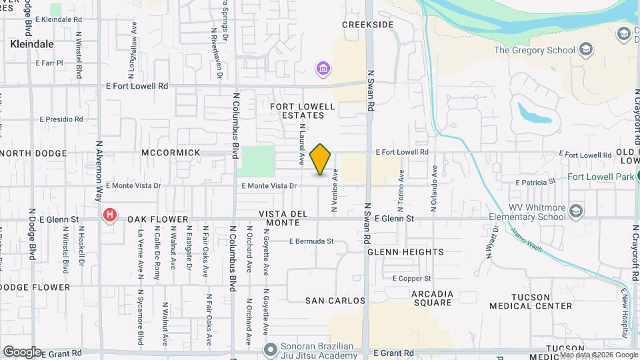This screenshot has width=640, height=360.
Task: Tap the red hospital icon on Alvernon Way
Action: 110,215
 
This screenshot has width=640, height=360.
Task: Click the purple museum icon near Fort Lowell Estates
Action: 323,69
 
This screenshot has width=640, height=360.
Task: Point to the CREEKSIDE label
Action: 368,25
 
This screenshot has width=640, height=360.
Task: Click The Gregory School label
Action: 534,50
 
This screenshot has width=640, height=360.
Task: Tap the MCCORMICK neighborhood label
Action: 171,153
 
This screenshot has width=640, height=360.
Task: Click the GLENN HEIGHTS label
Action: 405,252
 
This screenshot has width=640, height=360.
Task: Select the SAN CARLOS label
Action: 335,301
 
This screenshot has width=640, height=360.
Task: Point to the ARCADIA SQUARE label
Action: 432,299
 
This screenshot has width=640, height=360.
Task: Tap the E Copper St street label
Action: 411,278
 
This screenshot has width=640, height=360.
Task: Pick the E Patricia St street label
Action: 535,181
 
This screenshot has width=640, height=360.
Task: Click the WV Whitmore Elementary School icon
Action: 576,211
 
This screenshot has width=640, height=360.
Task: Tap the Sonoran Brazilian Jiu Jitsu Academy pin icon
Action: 270,349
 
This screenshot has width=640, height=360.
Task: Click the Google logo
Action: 22,351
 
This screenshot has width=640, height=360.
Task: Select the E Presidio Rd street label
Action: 61,119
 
